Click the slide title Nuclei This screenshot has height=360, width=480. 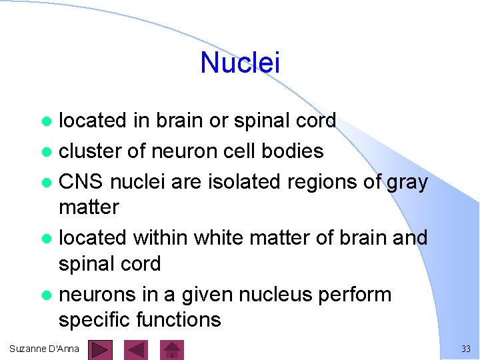(x=240, y=63)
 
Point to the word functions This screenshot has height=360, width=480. (x=178, y=320)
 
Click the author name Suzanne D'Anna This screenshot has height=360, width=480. (x=44, y=349)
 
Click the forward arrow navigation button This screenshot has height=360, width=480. (x=101, y=349)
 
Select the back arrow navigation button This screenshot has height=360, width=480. (x=137, y=349)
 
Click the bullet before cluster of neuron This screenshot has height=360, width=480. (x=46, y=152)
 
